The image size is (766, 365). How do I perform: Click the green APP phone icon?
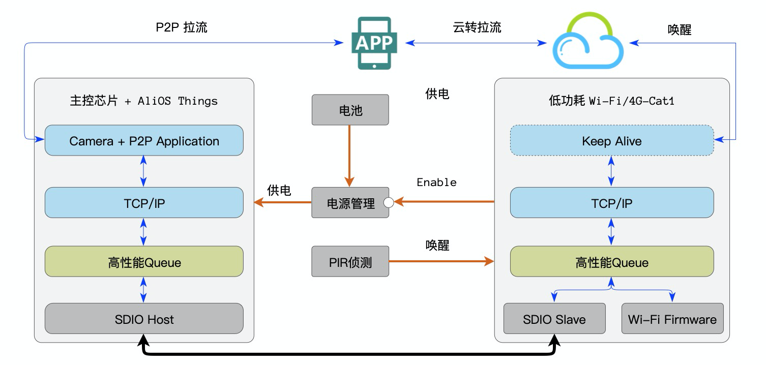coord(374,43)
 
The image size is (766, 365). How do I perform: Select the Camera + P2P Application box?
coord(144,141)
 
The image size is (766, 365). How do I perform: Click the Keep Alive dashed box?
coord(611,141)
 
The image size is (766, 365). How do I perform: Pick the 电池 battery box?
coord(350,110)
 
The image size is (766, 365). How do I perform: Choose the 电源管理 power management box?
coord(350,203)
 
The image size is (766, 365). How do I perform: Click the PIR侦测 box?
coord(350,262)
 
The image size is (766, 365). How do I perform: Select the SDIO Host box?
coord(144,319)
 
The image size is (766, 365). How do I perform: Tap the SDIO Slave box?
coord(554,319)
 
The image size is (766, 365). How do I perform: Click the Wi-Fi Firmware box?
coord(672,319)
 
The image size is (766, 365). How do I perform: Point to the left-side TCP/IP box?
coord(144,203)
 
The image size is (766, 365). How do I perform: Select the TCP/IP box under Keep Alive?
coord(611,203)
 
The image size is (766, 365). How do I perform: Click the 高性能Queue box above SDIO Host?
coord(144,262)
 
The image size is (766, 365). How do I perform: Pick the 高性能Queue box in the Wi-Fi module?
coord(611,262)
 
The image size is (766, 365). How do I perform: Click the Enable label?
coord(436,182)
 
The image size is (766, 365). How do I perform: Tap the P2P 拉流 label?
coord(181,27)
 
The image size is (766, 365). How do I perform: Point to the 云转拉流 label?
coord(477,27)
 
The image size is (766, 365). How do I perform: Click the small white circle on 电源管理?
coord(389,203)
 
